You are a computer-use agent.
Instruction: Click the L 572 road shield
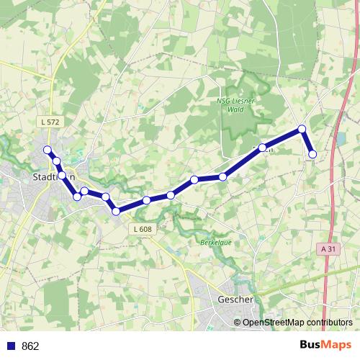(50, 122)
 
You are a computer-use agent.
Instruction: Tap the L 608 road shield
(143, 229)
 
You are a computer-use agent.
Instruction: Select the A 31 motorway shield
(328, 248)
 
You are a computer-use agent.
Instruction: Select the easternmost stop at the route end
(313, 154)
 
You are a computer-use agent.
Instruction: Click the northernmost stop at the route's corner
(302, 130)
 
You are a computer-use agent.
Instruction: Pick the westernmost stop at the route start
(48, 150)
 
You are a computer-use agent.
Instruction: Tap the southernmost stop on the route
(116, 211)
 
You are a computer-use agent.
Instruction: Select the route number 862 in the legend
(30, 346)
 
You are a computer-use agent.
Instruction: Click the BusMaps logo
(325, 345)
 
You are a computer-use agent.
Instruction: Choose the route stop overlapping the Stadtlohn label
(62, 176)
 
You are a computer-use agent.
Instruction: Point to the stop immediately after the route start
(56, 161)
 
